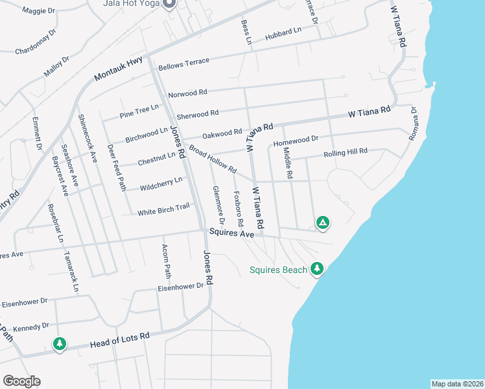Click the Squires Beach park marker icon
(316, 268)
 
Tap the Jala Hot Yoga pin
(169, 3)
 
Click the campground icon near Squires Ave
(322, 223)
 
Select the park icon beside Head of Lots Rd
(60, 344)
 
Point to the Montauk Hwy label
(119, 67)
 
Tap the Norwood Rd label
(187, 94)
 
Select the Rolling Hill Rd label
(346, 152)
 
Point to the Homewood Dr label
(296, 139)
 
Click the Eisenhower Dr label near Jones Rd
(181, 286)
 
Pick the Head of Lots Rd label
(120, 339)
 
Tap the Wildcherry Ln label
(161, 185)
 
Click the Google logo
(21, 381)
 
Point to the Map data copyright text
(457, 384)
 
